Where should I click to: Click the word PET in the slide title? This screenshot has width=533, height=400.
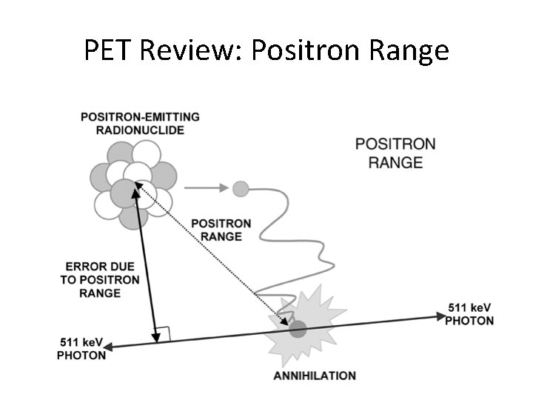click(107, 50)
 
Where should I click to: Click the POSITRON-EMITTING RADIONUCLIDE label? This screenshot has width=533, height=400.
click(139, 124)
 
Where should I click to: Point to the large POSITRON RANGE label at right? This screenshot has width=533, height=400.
click(395, 153)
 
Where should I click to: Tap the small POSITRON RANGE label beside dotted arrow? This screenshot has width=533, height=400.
click(221, 230)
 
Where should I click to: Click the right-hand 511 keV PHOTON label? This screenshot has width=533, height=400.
click(469, 314)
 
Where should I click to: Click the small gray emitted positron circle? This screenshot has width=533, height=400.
click(240, 188)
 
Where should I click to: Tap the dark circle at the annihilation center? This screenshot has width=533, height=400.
click(298, 329)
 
